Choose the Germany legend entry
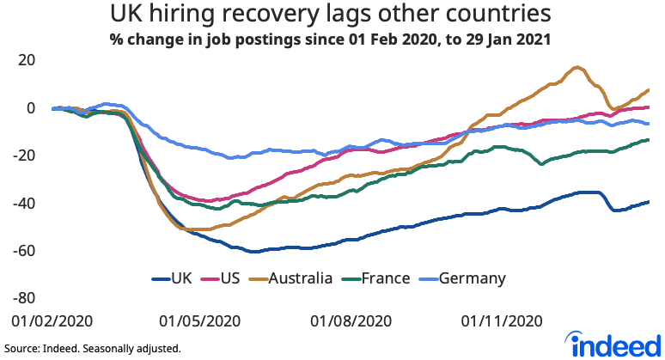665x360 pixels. (x=472, y=278)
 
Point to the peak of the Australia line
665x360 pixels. (x=577, y=67)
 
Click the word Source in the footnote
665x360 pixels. (x=22, y=349)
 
